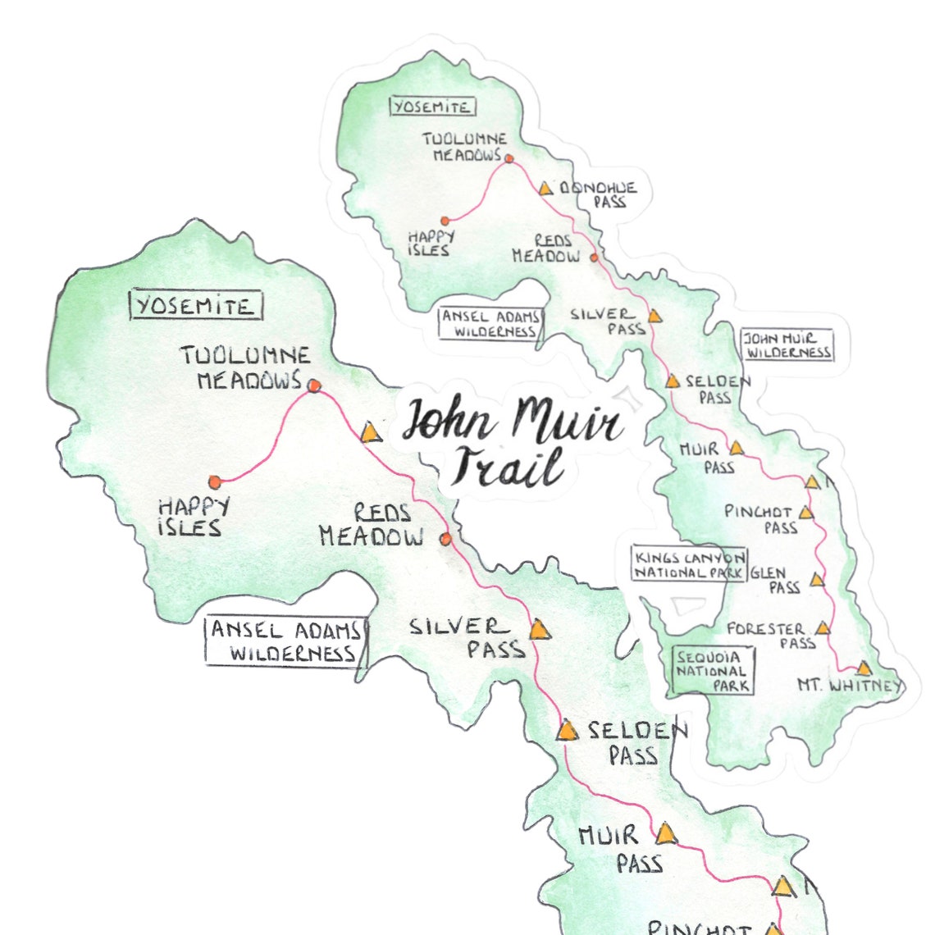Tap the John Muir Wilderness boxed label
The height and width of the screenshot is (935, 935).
tap(787, 345)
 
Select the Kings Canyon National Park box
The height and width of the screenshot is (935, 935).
tap(689, 564)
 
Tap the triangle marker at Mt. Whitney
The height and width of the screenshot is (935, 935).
tap(864, 668)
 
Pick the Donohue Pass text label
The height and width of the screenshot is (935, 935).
tap(598, 194)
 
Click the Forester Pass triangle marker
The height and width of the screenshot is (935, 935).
tap(823, 628)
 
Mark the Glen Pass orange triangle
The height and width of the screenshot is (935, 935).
tap(817, 580)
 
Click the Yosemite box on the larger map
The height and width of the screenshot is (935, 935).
tap(195, 306)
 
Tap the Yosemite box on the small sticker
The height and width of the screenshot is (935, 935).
tap(431, 107)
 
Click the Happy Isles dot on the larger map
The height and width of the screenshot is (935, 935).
tap(215, 481)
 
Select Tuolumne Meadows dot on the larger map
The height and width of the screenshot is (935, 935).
tap(313, 385)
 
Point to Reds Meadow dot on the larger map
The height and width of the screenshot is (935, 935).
tap(445, 539)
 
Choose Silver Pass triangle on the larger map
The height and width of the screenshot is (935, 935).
tap(538, 630)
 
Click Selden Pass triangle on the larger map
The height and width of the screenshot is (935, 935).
tap(567, 730)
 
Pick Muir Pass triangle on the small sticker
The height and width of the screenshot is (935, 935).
tap(737, 448)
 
